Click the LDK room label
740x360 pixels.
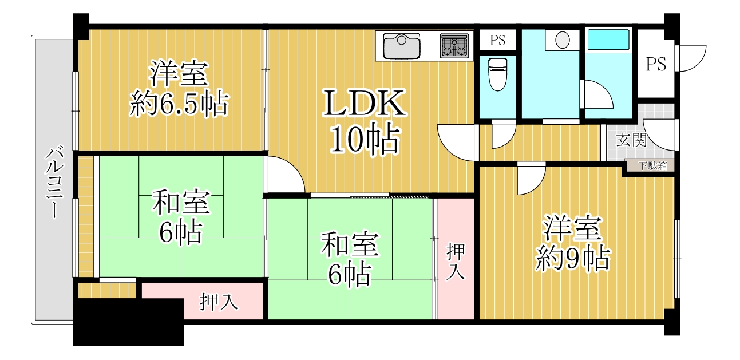(x=365, y=103)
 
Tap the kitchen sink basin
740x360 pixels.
(x=401, y=46)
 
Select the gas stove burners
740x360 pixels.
(x=454, y=46)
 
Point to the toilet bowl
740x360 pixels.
(x=497, y=74)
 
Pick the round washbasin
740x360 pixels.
(x=562, y=40)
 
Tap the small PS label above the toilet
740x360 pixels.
(x=497, y=40)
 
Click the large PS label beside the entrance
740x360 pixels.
(x=656, y=64)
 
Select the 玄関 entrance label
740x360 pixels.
(x=631, y=140)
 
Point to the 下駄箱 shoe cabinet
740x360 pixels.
(x=650, y=165)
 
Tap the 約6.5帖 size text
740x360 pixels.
(x=179, y=104)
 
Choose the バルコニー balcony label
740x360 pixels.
(x=54, y=183)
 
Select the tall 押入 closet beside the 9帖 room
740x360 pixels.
(x=456, y=259)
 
